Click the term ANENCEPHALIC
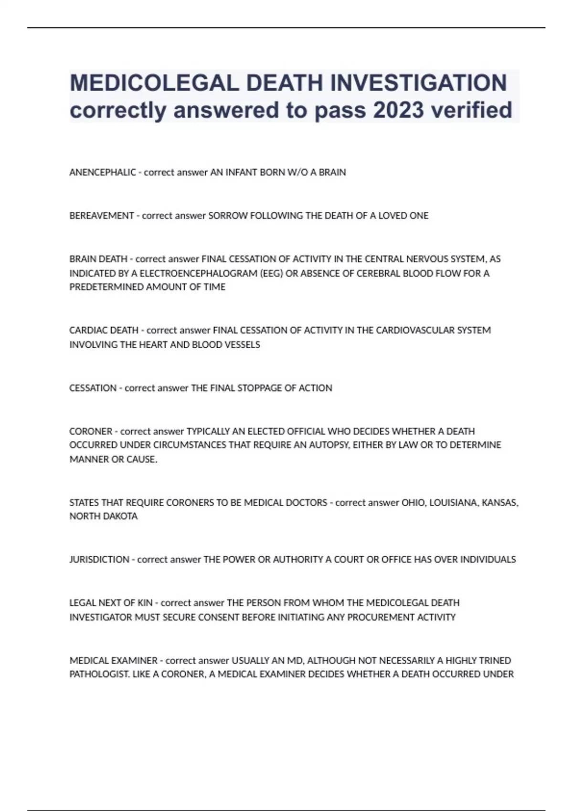pos(103,172)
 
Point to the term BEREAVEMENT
pos(102,216)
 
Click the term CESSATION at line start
pos(93,388)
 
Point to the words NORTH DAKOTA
pos(104,516)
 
